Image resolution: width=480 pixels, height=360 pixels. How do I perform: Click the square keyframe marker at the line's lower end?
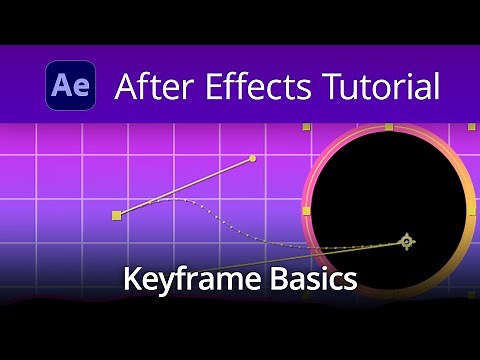pyautogui.click(x=117, y=215)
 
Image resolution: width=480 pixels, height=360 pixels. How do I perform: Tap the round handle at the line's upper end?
pyautogui.click(x=252, y=158)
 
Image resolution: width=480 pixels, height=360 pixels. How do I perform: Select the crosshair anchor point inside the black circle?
pyautogui.click(x=406, y=241)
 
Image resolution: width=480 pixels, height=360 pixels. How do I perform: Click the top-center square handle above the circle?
pyautogui.click(x=389, y=127)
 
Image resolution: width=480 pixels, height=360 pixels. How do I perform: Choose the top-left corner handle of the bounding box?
pyautogui.click(x=306, y=128)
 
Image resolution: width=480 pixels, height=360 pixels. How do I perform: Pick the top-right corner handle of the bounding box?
pyautogui.click(x=471, y=128)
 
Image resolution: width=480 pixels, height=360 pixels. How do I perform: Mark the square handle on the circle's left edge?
pyautogui.click(x=306, y=211)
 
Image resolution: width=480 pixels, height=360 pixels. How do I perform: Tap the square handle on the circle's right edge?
pyautogui.click(x=471, y=211)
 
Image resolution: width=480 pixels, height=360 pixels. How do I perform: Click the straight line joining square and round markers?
pyautogui.click(x=185, y=187)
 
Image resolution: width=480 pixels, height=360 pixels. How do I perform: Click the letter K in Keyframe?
pyautogui.click(x=131, y=278)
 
